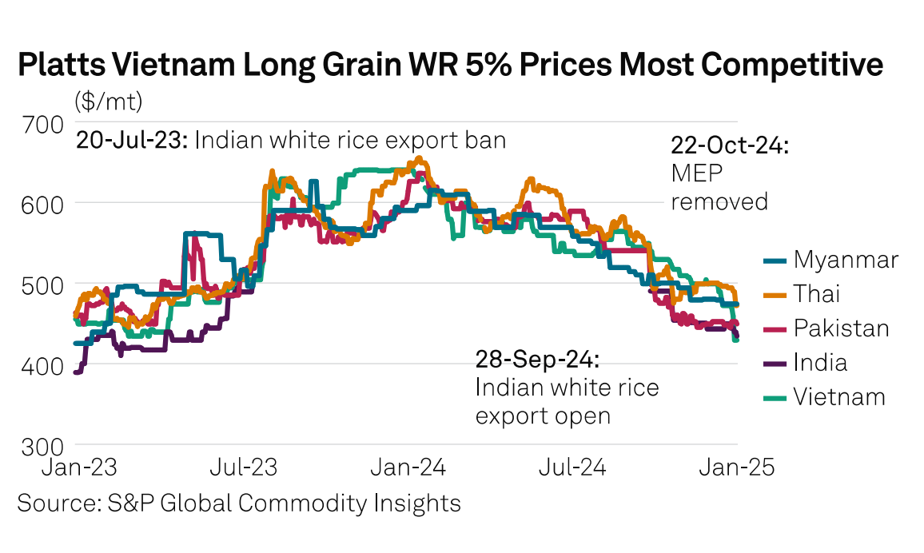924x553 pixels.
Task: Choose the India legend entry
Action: (820, 363)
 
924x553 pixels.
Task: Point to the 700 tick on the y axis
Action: (40, 124)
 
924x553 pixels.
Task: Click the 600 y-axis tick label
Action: (40, 204)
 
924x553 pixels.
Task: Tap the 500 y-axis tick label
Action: (40, 284)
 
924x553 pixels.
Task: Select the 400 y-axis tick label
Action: (40, 364)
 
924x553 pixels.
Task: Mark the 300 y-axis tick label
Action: (40, 444)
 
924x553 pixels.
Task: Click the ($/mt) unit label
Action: (109, 101)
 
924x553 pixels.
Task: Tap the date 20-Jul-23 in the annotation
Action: (132, 141)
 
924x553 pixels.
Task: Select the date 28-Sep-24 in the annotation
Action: (537, 360)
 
